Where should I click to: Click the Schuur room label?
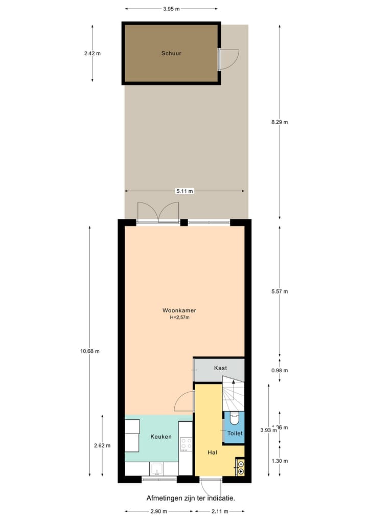171,53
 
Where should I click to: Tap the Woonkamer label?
179,310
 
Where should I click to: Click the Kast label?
220,368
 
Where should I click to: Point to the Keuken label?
160,437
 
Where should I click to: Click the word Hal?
213,453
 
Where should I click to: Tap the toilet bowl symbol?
234,418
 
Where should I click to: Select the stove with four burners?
186,443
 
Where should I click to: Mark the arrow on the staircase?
233,381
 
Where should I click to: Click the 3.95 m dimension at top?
171,9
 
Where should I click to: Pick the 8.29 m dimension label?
279,122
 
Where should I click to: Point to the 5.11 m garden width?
185,191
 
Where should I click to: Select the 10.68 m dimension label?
89,351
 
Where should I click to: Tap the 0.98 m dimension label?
279,371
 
